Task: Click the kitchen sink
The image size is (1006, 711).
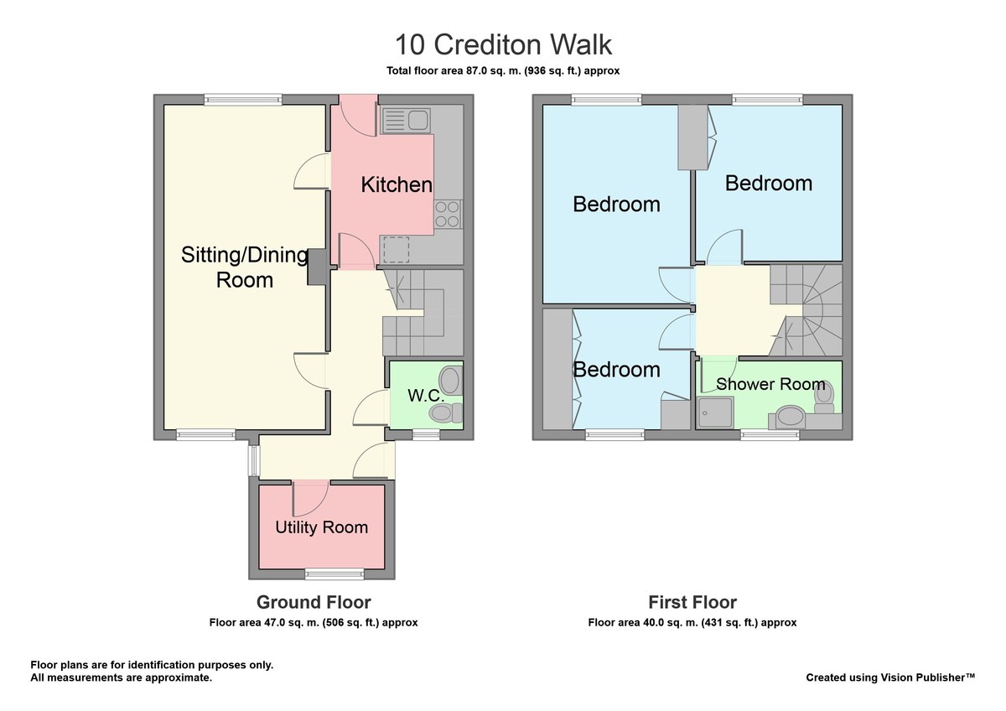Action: point(406,121)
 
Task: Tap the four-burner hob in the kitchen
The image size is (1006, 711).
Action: point(448,214)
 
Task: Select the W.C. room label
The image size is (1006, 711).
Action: point(426,396)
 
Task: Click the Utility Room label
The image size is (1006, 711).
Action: point(322,527)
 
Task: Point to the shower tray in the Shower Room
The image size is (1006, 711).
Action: point(715,413)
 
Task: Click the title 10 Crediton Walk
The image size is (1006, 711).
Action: point(504,44)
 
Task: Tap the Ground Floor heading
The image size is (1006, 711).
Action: point(314,602)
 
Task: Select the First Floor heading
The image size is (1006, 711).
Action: point(692,602)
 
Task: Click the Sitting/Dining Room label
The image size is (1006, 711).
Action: point(245,267)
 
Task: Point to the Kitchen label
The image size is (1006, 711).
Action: point(397,184)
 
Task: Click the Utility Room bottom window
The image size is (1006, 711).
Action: point(334,573)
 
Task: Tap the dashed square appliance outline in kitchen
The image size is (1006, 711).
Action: point(396,250)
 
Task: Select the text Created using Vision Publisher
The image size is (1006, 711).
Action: point(890,677)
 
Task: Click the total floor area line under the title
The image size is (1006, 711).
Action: point(503,71)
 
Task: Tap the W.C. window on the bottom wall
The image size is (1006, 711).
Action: point(426,435)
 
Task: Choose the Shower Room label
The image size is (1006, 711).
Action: point(770,384)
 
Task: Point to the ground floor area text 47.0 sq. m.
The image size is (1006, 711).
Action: point(314,622)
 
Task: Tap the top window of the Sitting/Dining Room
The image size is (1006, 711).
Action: point(243,99)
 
